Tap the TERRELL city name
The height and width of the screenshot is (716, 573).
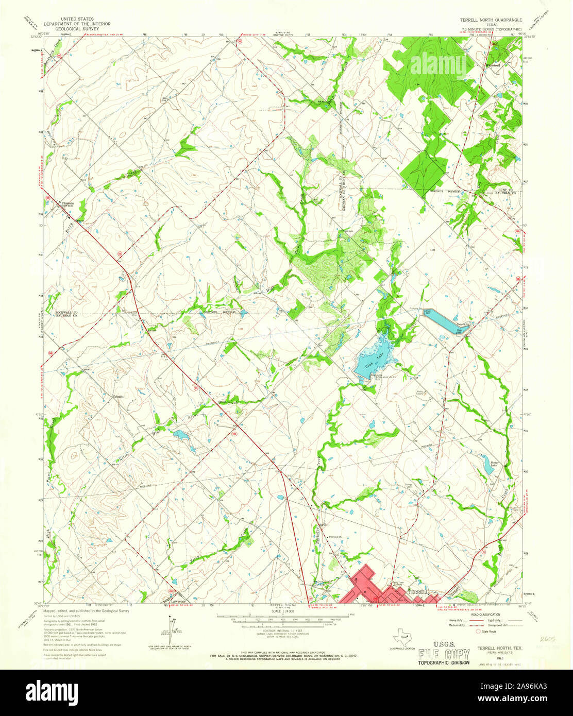[419, 592]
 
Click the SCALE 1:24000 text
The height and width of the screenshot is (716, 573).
[281, 611]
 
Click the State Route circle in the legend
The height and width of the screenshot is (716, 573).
[478, 631]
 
